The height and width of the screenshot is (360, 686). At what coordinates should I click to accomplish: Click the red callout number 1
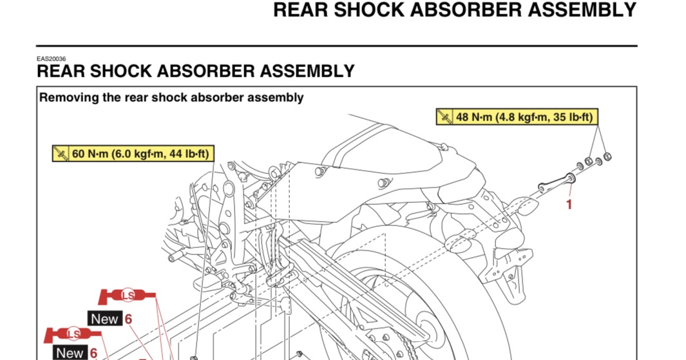(x=569, y=205)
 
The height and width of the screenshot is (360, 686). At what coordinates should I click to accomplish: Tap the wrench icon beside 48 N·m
(x=446, y=117)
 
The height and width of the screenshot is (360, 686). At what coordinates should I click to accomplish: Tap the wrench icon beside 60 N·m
(x=61, y=154)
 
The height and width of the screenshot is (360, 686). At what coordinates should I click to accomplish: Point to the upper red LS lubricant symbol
(x=127, y=296)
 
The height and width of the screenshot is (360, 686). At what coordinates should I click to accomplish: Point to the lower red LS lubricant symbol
(x=73, y=334)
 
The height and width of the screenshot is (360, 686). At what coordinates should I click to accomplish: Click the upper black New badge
(x=104, y=318)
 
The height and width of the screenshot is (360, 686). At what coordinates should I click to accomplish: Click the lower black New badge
(x=70, y=352)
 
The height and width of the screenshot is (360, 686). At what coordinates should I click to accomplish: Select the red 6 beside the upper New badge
(x=128, y=318)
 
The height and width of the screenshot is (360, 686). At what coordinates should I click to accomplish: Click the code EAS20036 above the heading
(x=51, y=59)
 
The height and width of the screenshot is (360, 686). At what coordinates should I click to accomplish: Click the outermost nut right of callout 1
(x=607, y=156)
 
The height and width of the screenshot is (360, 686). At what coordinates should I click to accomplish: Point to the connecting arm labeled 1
(x=555, y=184)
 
